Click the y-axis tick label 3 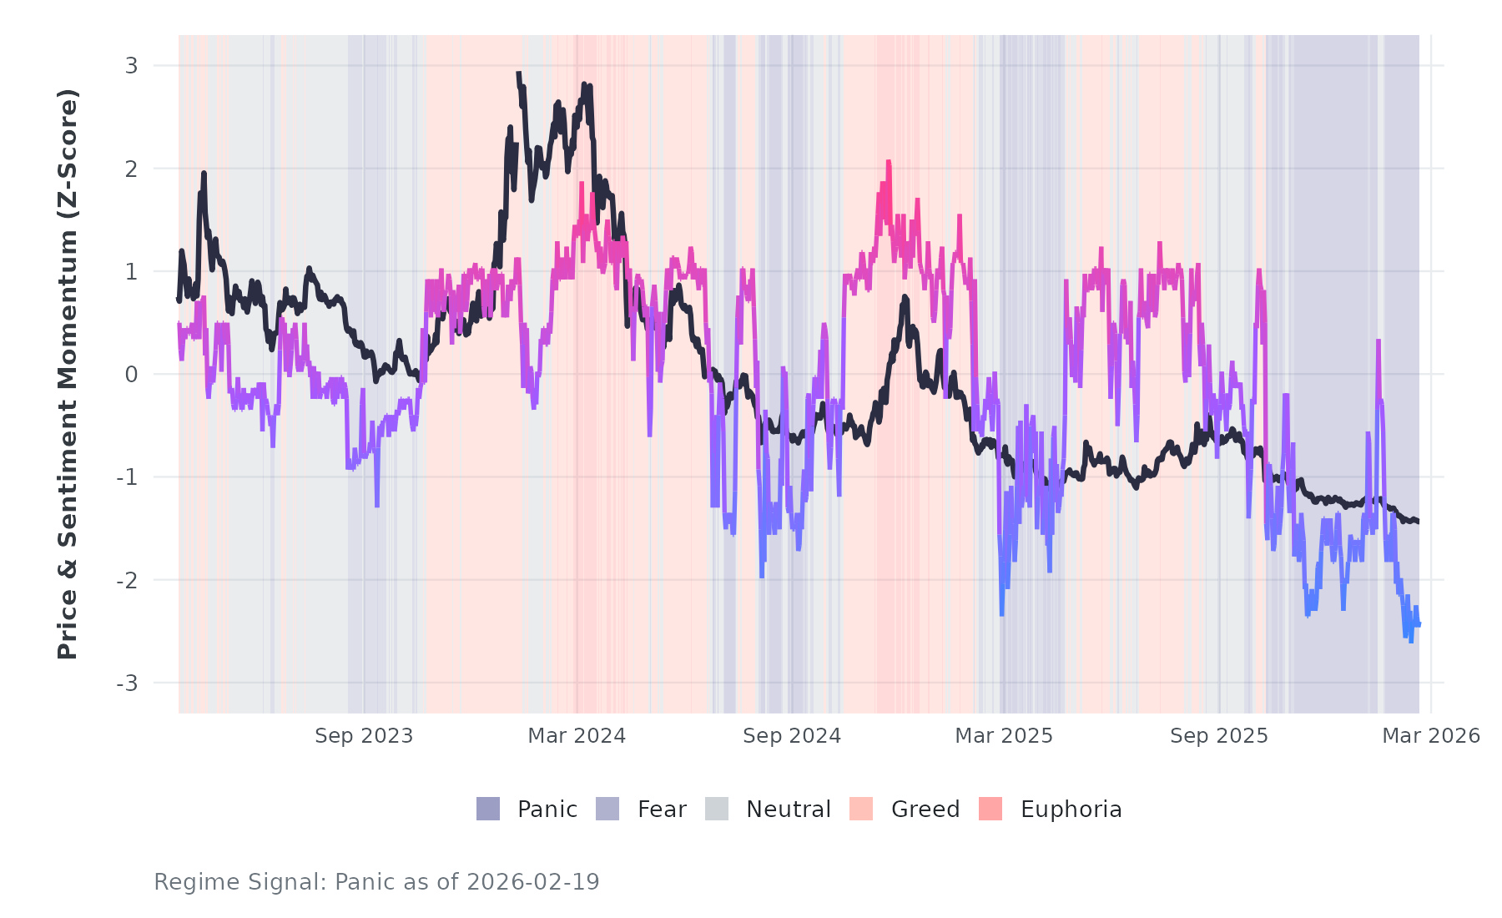click(x=131, y=66)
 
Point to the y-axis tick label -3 click(x=128, y=683)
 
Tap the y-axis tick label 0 click(x=131, y=375)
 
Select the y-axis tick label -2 click(x=128, y=581)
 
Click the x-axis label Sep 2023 click(x=364, y=736)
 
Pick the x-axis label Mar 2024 click(x=577, y=736)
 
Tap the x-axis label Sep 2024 click(x=792, y=736)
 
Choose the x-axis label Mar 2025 click(x=1004, y=736)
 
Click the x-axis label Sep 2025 click(x=1219, y=736)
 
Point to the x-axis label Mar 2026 click(x=1431, y=736)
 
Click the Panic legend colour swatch click(x=488, y=809)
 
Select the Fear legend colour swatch click(x=607, y=809)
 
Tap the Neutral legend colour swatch click(x=717, y=809)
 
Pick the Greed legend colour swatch click(x=861, y=809)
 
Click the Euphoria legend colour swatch click(x=990, y=809)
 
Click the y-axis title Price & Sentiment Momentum click(x=68, y=374)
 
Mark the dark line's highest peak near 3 click(x=518, y=74)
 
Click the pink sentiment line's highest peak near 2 click(x=889, y=162)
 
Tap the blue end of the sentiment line click(x=1418, y=623)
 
